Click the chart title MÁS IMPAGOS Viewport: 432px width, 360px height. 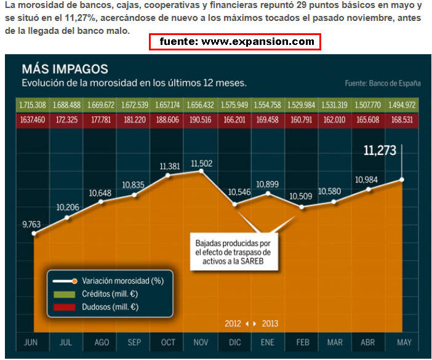tap(65, 69)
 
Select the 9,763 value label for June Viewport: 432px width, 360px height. tap(34, 224)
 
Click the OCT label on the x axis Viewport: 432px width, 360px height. tap(167, 342)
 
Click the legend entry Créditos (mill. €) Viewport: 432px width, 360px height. tap(108, 294)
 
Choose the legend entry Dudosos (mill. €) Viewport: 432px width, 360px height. tap(108, 306)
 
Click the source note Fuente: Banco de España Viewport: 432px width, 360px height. tap(383, 82)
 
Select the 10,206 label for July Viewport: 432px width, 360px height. tap(68, 207)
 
